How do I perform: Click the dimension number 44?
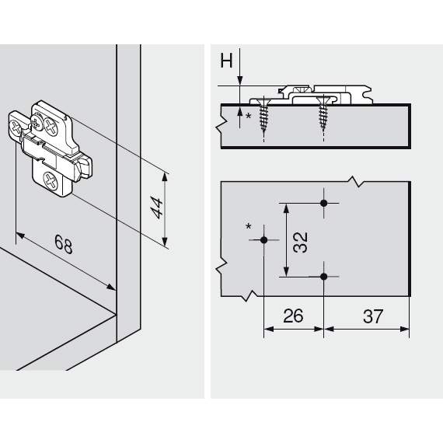[158, 208]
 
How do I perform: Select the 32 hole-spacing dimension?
[301, 239]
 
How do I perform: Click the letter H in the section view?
[226, 61]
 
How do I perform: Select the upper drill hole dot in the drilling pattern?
[324, 204]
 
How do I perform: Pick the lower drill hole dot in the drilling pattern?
[324, 276]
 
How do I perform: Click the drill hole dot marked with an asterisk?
[264, 240]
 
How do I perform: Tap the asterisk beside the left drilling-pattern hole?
[249, 227]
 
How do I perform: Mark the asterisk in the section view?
[249, 115]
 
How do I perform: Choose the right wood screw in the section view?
[323, 117]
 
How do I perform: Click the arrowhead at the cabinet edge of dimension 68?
[113, 288]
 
